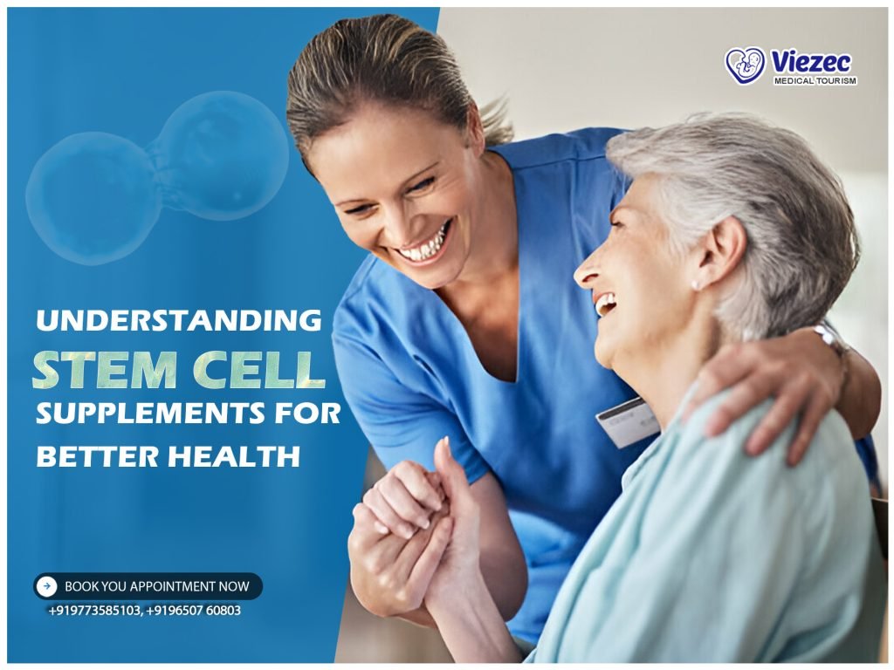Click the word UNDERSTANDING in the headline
(178, 320)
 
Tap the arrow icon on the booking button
(49, 586)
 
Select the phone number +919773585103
(93, 611)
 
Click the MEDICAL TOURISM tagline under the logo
(815, 81)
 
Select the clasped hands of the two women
(410, 515)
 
